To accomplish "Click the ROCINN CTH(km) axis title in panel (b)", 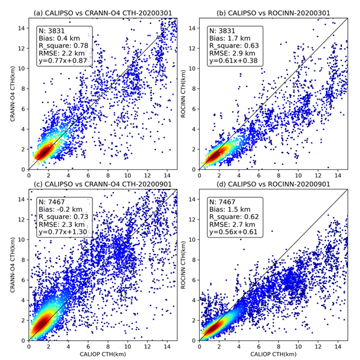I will tap(182, 95).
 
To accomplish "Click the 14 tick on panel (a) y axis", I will tap(22, 28).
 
